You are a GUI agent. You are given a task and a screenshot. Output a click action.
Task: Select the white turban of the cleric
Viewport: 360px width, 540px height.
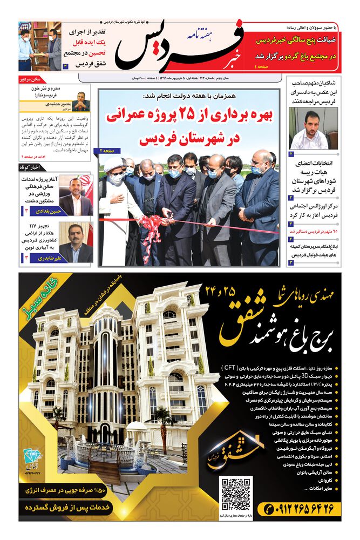(114, 164)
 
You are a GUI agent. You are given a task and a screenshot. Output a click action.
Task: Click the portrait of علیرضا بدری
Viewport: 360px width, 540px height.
(76, 242)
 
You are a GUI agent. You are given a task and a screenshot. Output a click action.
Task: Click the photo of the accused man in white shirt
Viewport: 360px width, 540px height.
(313, 129)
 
